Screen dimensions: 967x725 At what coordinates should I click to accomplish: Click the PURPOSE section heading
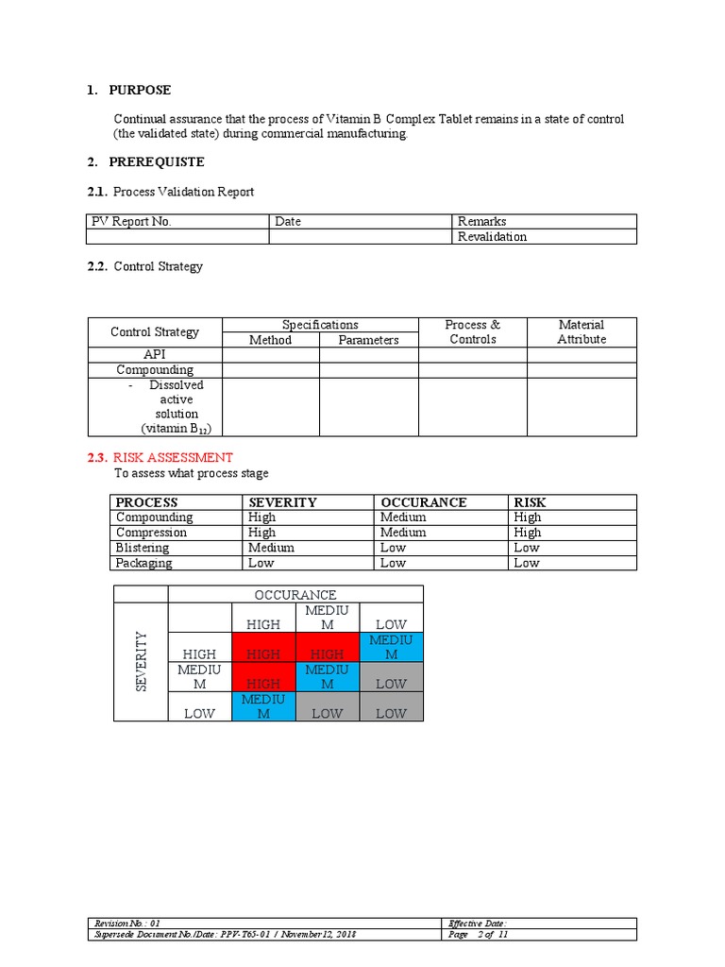(x=140, y=91)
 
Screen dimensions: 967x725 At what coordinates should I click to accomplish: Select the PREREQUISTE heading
(x=156, y=162)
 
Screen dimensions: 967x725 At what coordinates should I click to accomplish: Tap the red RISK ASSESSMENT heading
(x=173, y=458)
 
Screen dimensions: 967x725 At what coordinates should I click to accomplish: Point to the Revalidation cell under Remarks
(x=492, y=237)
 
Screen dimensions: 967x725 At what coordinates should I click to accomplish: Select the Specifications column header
(x=320, y=325)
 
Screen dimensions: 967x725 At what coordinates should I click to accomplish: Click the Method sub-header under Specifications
(x=270, y=340)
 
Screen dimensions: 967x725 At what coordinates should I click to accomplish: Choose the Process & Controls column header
(x=472, y=332)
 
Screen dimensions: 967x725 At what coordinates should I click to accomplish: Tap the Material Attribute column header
(x=582, y=332)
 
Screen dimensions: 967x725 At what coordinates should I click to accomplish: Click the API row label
(x=155, y=355)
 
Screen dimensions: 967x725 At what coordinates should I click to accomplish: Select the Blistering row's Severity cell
(x=271, y=548)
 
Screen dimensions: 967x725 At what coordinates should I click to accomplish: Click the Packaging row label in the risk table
(x=144, y=563)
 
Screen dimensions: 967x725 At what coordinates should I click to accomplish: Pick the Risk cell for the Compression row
(x=528, y=533)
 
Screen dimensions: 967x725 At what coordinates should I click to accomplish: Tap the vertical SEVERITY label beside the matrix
(x=142, y=661)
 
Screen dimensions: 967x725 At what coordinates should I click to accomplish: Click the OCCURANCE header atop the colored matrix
(x=295, y=595)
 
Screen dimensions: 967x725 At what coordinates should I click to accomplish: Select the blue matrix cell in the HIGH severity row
(x=391, y=648)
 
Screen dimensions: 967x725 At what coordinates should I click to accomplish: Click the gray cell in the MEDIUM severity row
(x=391, y=677)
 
